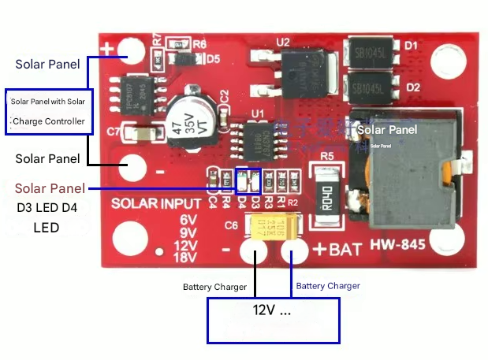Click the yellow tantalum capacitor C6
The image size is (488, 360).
(270, 228)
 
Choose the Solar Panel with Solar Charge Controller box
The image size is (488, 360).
(49, 111)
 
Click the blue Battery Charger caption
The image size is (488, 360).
(328, 286)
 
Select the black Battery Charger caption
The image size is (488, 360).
(214, 288)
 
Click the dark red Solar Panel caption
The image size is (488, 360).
(49, 188)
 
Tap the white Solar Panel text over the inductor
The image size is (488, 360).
(387, 129)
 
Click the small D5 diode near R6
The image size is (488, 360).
(181, 58)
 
